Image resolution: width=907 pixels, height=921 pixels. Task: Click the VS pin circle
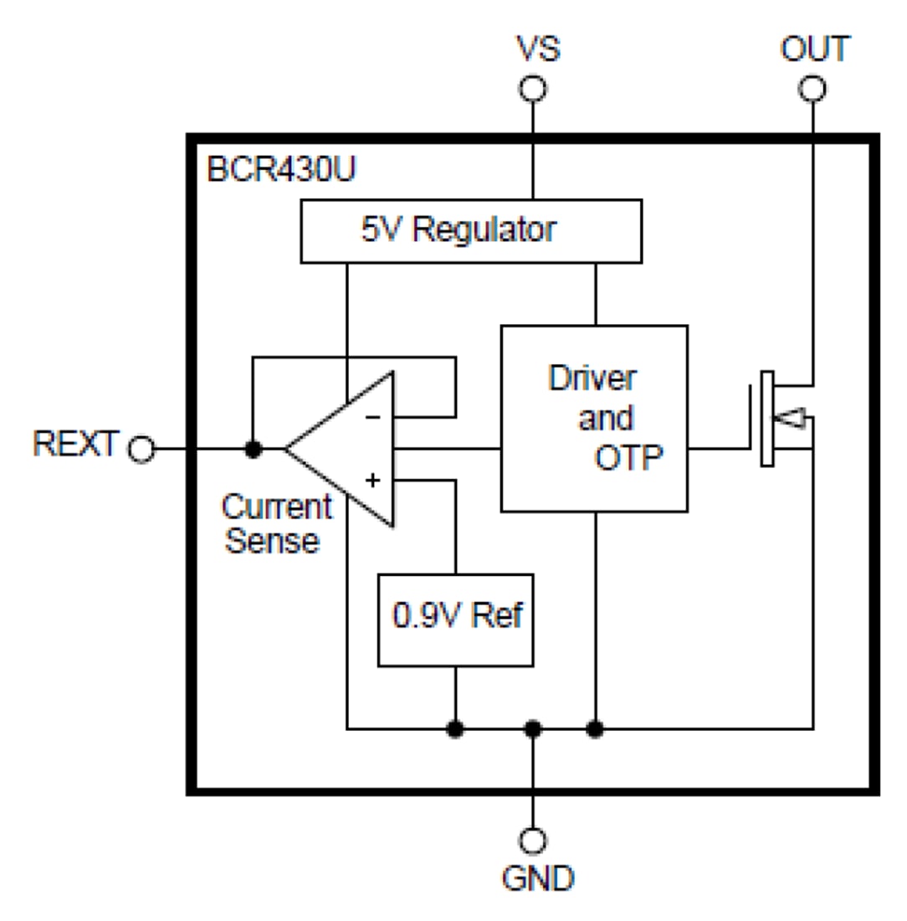click(532, 89)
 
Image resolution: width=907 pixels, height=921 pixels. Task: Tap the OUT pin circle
click(812, 89)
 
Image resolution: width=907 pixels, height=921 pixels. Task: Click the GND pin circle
click(532, 840)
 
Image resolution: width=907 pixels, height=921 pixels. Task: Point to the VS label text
click(537, 49)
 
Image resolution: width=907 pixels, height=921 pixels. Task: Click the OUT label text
click(814, 49)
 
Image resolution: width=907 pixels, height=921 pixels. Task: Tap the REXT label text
click(75, 444)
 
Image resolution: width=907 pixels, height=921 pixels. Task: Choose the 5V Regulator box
click(471, 230)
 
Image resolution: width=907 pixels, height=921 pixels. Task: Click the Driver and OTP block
click(594, 418)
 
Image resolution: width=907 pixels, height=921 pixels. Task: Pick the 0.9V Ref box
click(456, 619)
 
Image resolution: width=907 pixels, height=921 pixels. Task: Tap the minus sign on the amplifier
click(374, 416)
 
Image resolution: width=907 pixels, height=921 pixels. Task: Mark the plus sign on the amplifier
click(373, 481)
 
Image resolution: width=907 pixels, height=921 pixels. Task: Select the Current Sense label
click(275, 523)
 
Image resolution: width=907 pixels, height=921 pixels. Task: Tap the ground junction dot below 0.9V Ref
click(455, 728)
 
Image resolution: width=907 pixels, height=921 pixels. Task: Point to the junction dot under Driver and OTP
click(595, 728)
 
